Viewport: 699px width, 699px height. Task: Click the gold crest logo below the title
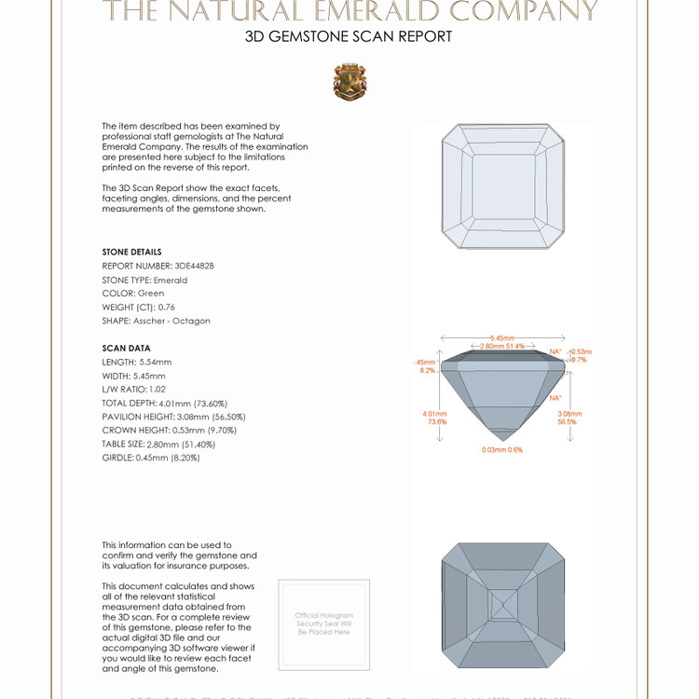pyautogui.click(x=349, y=82)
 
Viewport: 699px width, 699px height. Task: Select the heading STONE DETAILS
pyautogui.click(x=131, y=252)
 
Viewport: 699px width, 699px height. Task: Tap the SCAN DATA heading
pyautogui.click(x=126, y=349)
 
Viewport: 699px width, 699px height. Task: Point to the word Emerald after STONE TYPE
pyautogui.click(x=171, y=280)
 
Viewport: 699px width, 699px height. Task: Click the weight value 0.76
pyautogui.click(x=167, y=307)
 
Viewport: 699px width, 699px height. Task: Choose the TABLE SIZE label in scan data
pyautogui.click(x=124, y=445)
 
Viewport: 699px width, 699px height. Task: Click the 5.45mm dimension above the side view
pyautogui.click(x=503, y=337)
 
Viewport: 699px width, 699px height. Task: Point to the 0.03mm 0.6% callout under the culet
pyautogui.click(x=502, y=449)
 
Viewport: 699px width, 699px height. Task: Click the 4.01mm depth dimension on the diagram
pyautogui.click(x=435, y=417)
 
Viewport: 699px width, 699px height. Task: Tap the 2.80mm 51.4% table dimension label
pyautogui.click(x=502, y=346)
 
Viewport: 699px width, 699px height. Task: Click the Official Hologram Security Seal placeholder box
pyautogui.click(x=323, y=624)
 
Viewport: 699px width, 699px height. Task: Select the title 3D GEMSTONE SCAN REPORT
pyautogui.click(x=349, y=37)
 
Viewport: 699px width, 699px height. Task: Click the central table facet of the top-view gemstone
pyautogui.click(x=502, y=187)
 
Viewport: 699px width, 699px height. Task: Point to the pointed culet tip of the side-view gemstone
pyautogui.click(x=502, y=440)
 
